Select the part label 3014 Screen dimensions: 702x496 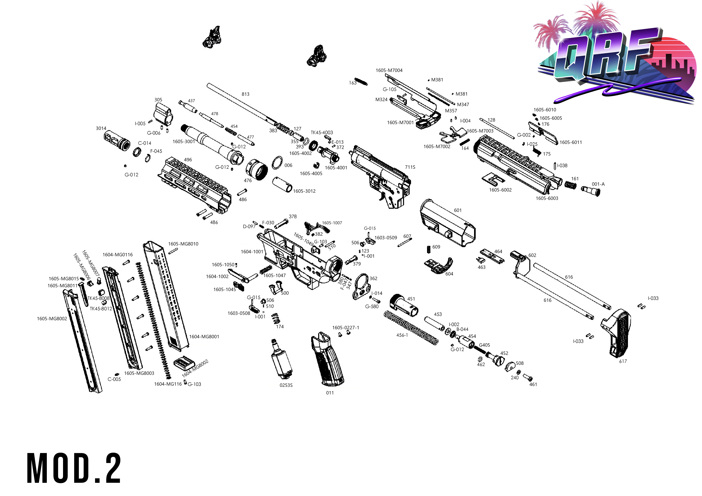pyautogui.click(x=101, y=128)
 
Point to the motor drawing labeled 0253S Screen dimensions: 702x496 pyautogui.click(x=281, y=359)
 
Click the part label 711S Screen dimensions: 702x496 pyautogui.click(x=410, y=167)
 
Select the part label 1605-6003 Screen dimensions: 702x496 pyautogui.click(x=547, y=198)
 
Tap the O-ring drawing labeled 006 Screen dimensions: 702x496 pyautogui.click(x=277, y=163)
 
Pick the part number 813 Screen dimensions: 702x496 pyautogui.click(x=246, y=94)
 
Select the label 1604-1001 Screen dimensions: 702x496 pyautogui.click(x=252, y=252)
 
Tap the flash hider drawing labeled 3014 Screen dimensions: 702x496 pyautogui.click(x=117, y=141)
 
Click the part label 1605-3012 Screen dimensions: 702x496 pyautogui.click(x=304, y=191)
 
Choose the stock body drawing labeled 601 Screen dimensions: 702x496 pyautogui.click(x=448, y=223)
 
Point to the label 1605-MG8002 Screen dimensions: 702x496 pyautogui.click(x=52, y=318)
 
